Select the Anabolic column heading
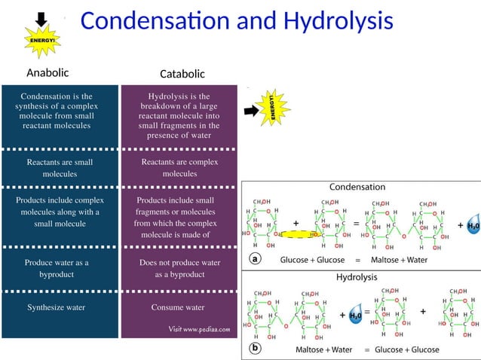coord(47,73)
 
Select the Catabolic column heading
coord(182,74)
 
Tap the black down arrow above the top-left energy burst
coord(41,18)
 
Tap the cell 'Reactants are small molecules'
coord(60,167)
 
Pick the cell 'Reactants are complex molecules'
coord(179,167)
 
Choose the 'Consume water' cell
coord(178,307)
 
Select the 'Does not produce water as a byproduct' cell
coord(179,269)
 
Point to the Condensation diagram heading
coord(357,187)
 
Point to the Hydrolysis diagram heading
coord(359,277)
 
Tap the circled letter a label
coord(256,258)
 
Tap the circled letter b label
coord(256,349)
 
